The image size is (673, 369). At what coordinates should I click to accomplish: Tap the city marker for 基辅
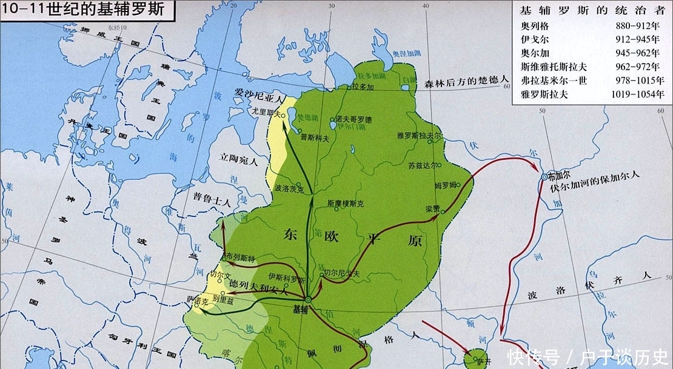pyautogui.click(x=308, y=300)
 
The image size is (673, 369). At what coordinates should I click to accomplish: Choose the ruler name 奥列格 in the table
pyautogui.click(x=533, y=26)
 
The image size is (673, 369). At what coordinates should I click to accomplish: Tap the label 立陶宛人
pyautogui.click(x=238, y=161)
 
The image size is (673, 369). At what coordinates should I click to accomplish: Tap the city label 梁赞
pyautogui.click(x=433, y=208)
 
